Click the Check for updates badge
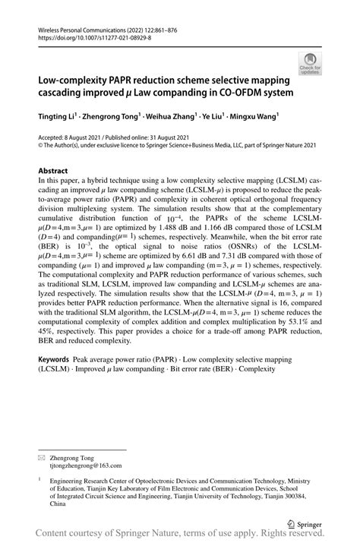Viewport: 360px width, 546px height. click(x=310, y=65)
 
